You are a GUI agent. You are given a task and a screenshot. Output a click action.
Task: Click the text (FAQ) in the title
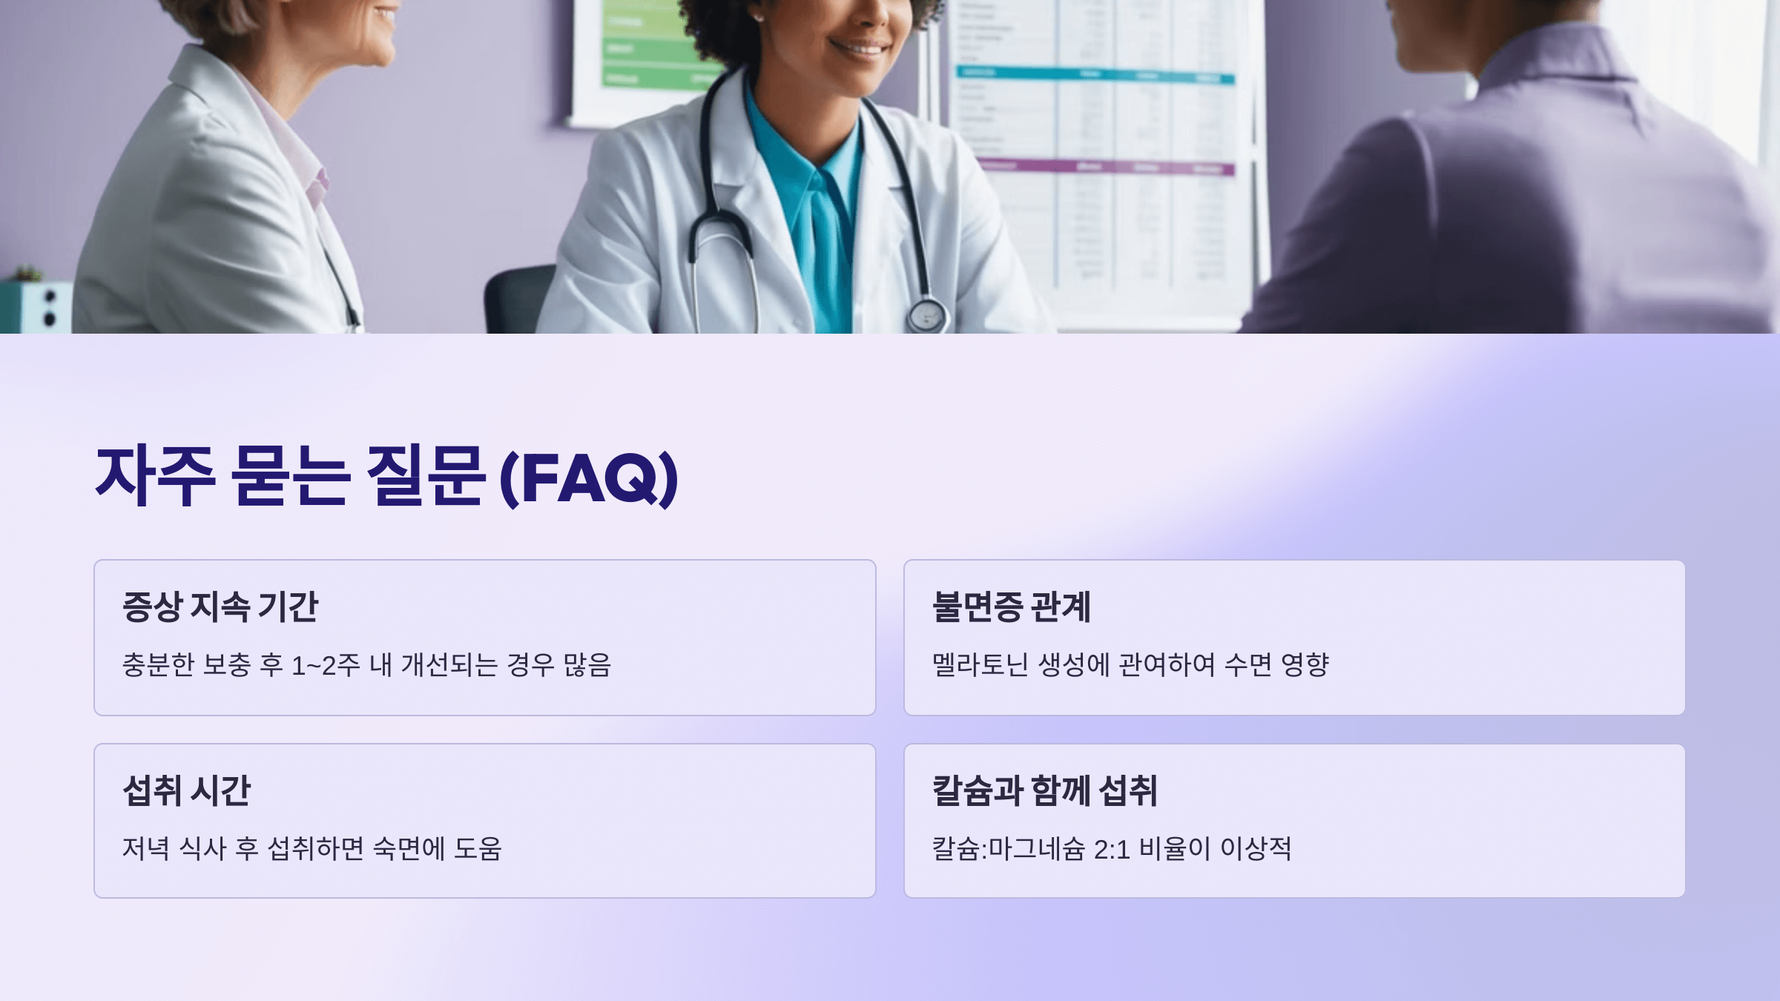(x=590, y=477)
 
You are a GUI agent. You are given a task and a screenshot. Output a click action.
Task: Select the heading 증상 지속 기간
(x=220, y=607)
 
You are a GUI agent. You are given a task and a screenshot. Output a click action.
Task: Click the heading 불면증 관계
(x=1011, y=607)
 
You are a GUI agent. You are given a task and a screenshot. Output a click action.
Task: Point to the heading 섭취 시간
(x=187, y=790)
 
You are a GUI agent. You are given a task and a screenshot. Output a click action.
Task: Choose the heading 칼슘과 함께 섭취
(x=1044, y=790)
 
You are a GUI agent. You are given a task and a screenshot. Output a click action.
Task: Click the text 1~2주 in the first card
(x=326, y=665)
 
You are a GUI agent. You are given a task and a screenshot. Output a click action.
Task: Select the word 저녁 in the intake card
(x=146, y=849)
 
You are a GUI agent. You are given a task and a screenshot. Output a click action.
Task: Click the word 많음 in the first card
(x=587, y=665)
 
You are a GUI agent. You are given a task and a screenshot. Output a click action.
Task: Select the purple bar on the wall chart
(x=1105, y=168)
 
